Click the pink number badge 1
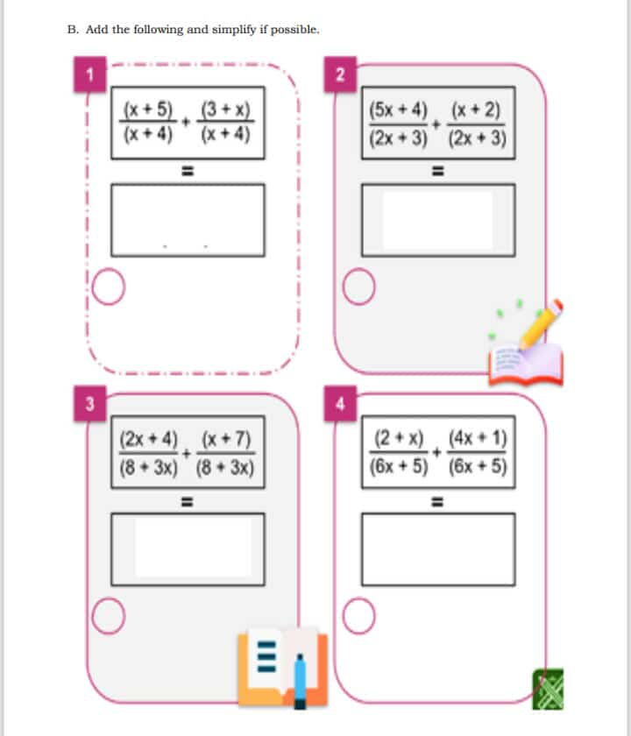[89, 74]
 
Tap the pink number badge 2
[340, 74]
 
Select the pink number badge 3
[89, 403]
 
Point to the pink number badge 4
[340, 403]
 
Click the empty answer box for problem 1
[188, 220]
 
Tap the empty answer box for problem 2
[438, 220]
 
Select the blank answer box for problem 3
[188, 549]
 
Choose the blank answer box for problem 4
[438, 549]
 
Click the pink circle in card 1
[109, 287]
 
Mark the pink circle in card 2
[358, 287]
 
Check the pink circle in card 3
[109, 616]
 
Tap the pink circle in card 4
[358, 616]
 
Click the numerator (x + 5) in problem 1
[148, 110]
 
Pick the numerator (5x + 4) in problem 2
[398, 110]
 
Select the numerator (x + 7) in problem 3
[226, 439]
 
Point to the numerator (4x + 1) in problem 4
[478, 438]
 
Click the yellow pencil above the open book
[540, 324]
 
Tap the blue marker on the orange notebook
[300, 681]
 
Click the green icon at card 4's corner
[548, 689]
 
